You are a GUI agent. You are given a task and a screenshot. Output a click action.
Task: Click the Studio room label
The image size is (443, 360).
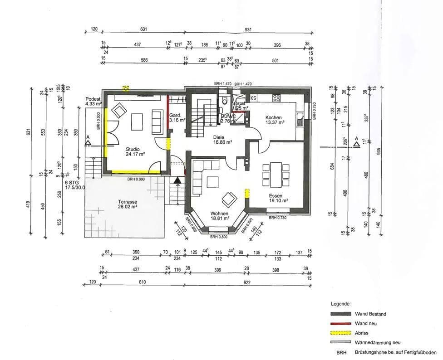[x=133, y=149]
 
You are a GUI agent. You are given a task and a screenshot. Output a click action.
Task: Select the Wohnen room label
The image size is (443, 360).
[x=219, y=213]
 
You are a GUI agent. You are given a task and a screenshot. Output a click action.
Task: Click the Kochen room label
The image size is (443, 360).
[x=275, y=117]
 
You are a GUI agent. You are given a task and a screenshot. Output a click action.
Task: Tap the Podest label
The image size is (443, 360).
[x=93, y=99]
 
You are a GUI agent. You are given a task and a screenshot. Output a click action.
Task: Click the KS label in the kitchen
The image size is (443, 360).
[x=253, y=98]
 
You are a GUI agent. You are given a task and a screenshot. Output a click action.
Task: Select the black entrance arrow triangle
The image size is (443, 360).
[x=178, y=180]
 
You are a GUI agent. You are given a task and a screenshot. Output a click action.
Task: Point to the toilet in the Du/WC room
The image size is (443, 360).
[x=224, y=101]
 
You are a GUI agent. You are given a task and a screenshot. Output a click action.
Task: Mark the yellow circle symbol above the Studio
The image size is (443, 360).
[x=126, y=88]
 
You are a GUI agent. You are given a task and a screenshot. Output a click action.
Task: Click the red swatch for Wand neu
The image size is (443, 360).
[x=341, y=323]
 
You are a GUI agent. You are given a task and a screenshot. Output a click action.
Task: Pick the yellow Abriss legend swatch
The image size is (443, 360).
[x=341, y=333]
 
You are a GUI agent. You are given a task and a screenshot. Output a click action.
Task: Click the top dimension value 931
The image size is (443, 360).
[x=248, y=29]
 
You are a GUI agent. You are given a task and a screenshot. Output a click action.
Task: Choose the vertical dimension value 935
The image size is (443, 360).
[x=379, y=152]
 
